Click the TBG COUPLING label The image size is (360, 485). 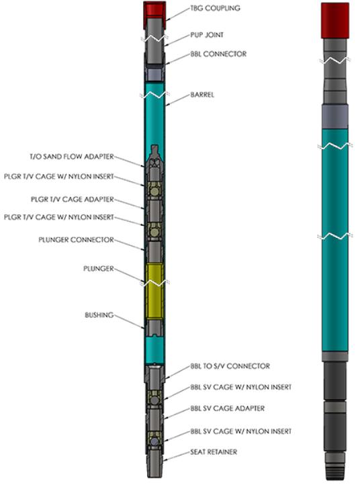coord(215,8)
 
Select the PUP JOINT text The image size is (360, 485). coord(207,35)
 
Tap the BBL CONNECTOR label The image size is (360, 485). coord(218,54)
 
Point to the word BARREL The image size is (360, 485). coord(202,95)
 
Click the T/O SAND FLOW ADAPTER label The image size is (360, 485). coord(72,157)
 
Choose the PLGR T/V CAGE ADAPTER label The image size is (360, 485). coord(73,200)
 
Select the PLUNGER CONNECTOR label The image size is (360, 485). coord(76,240)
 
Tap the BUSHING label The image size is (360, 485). coord(99,315)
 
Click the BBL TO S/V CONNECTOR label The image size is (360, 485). coord(230,366)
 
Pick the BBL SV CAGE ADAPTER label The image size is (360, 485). coord(227,408)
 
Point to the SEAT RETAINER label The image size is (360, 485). coord(214,452)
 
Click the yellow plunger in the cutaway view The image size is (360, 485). coord(154,291)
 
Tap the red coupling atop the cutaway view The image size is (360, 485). coord(154,9)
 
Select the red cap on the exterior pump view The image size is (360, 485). coord(335,20)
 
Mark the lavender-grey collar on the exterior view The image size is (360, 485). coord(335,117)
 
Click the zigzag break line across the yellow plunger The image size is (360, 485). coord(154,283)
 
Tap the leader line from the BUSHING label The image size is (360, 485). coord(129,322)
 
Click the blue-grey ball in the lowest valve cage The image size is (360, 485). coord(154,442)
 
